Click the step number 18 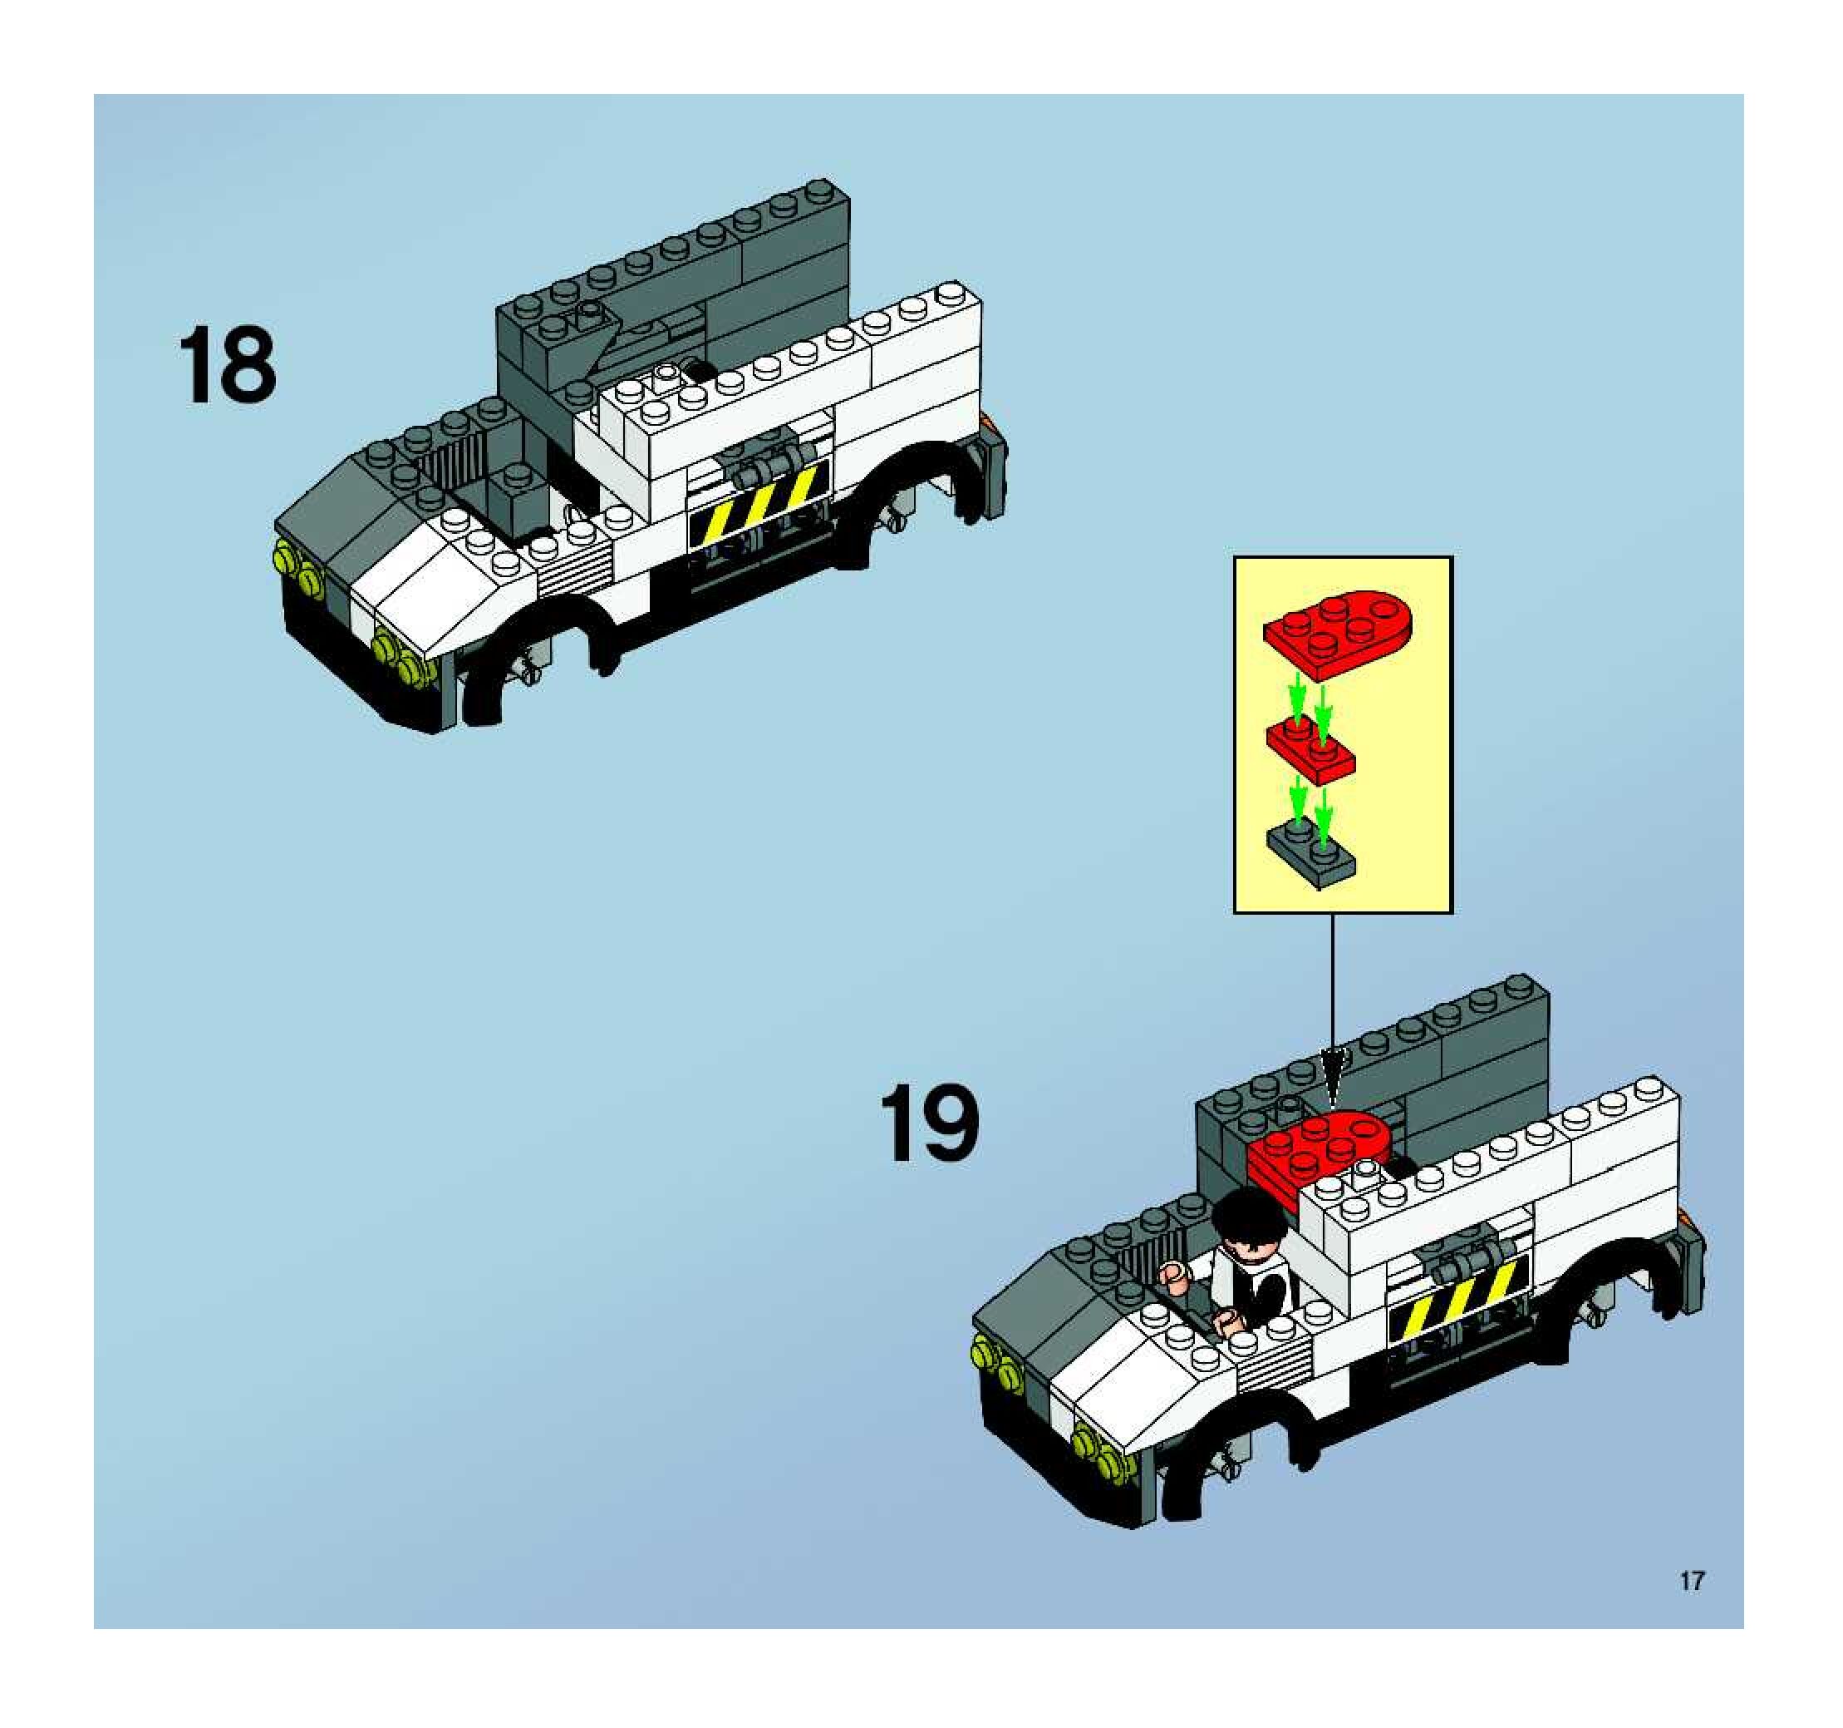point(227,367)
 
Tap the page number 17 point(1692,1581)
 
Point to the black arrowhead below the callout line point(1333,1079)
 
